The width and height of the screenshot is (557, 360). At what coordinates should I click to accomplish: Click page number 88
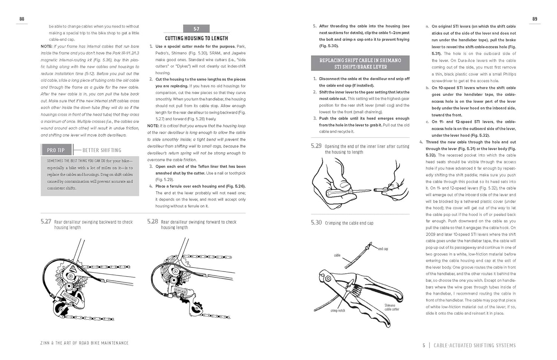22,19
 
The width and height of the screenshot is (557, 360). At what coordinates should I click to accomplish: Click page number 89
535,19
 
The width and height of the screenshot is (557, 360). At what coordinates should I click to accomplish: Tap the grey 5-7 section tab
196,29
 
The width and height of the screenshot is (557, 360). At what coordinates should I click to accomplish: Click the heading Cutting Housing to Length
196,38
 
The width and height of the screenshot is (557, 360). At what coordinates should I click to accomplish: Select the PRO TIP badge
56,150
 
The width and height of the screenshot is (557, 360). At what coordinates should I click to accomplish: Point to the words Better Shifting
102,150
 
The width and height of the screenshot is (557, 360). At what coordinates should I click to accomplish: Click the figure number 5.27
46,222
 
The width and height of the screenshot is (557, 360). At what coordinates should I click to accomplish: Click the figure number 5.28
153,222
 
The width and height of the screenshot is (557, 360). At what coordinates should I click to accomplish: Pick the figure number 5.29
316,146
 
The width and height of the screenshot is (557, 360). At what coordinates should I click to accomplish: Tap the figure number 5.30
316,222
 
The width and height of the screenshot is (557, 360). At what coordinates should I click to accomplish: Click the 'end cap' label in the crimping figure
383,249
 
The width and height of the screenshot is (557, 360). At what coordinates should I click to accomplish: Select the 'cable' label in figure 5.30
337,255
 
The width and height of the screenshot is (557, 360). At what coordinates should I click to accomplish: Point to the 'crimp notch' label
338,311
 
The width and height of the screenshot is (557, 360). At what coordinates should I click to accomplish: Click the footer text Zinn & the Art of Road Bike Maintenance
84,343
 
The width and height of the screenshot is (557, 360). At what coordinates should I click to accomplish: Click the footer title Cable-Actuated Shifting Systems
475,346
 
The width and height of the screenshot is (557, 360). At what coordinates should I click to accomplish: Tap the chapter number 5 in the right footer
424,346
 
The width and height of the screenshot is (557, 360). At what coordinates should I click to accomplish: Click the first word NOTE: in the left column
46,46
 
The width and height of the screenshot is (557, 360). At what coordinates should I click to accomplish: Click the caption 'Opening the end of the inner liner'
367,146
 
